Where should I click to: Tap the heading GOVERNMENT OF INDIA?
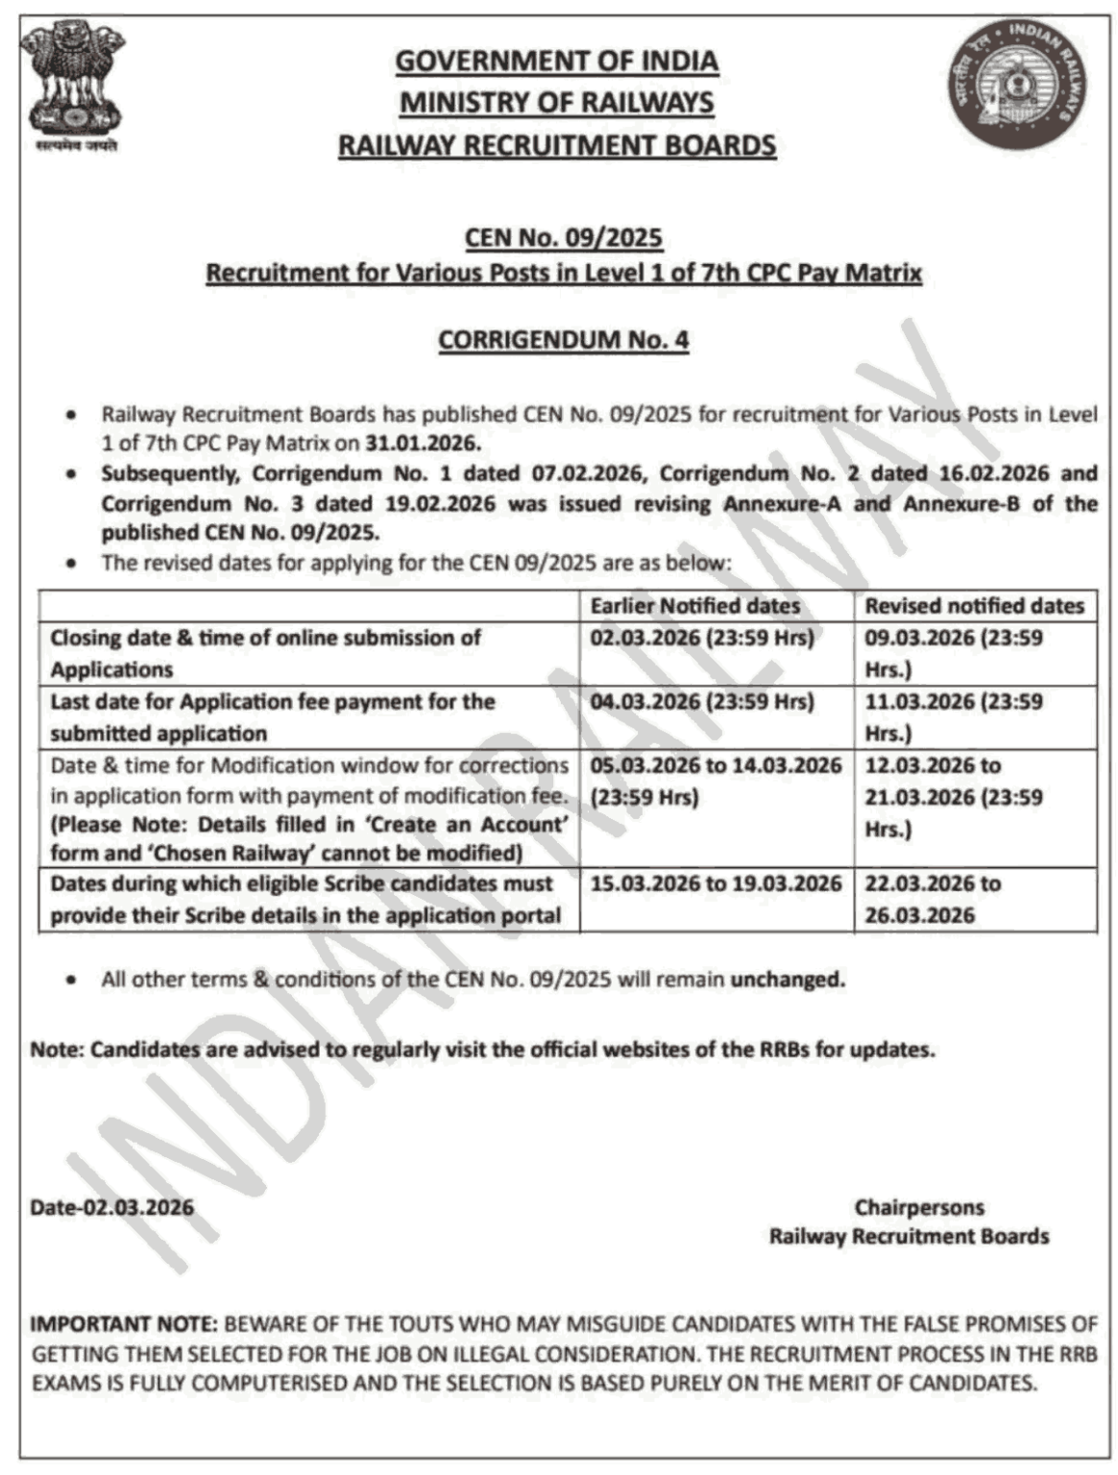[x=557, y=61]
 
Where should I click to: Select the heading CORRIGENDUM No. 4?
[x=564, y=340]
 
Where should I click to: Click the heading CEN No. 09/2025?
[x=564, y=237]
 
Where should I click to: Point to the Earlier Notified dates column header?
[x=694, y=606]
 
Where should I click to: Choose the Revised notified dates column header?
[x=974, y=606]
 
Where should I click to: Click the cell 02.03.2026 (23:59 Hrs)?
[x=702, y=638]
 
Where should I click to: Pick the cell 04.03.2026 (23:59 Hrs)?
[x=702, y=702]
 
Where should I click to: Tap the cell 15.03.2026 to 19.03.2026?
[x=716, y=883]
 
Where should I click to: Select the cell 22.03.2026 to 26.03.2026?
[x=932, y=899]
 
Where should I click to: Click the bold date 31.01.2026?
[x=422, y=444]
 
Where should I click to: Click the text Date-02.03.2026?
[x=111, y=1207]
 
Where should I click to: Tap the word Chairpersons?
[x=919, y=1207]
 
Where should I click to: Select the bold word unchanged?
[x=788, y=979]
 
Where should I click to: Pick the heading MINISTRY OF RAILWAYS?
[x=557, y=103]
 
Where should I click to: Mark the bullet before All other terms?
[x=71, y=980]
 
